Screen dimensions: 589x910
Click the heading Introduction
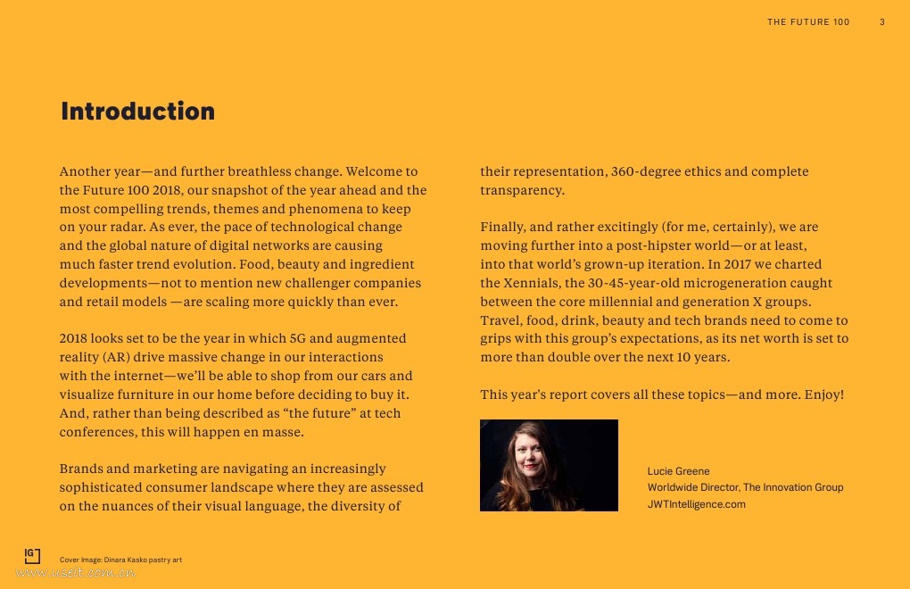137,112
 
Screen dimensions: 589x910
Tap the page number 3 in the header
882,22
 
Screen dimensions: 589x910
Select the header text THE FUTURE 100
808,22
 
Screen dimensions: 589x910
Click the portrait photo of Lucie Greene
549,465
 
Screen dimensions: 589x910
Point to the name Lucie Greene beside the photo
678,471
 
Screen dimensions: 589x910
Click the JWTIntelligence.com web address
696,504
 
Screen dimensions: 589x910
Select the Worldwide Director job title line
745,487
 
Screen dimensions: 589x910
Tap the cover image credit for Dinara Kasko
120,560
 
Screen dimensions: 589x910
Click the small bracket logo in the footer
32,556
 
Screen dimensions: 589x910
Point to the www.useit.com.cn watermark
75,574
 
